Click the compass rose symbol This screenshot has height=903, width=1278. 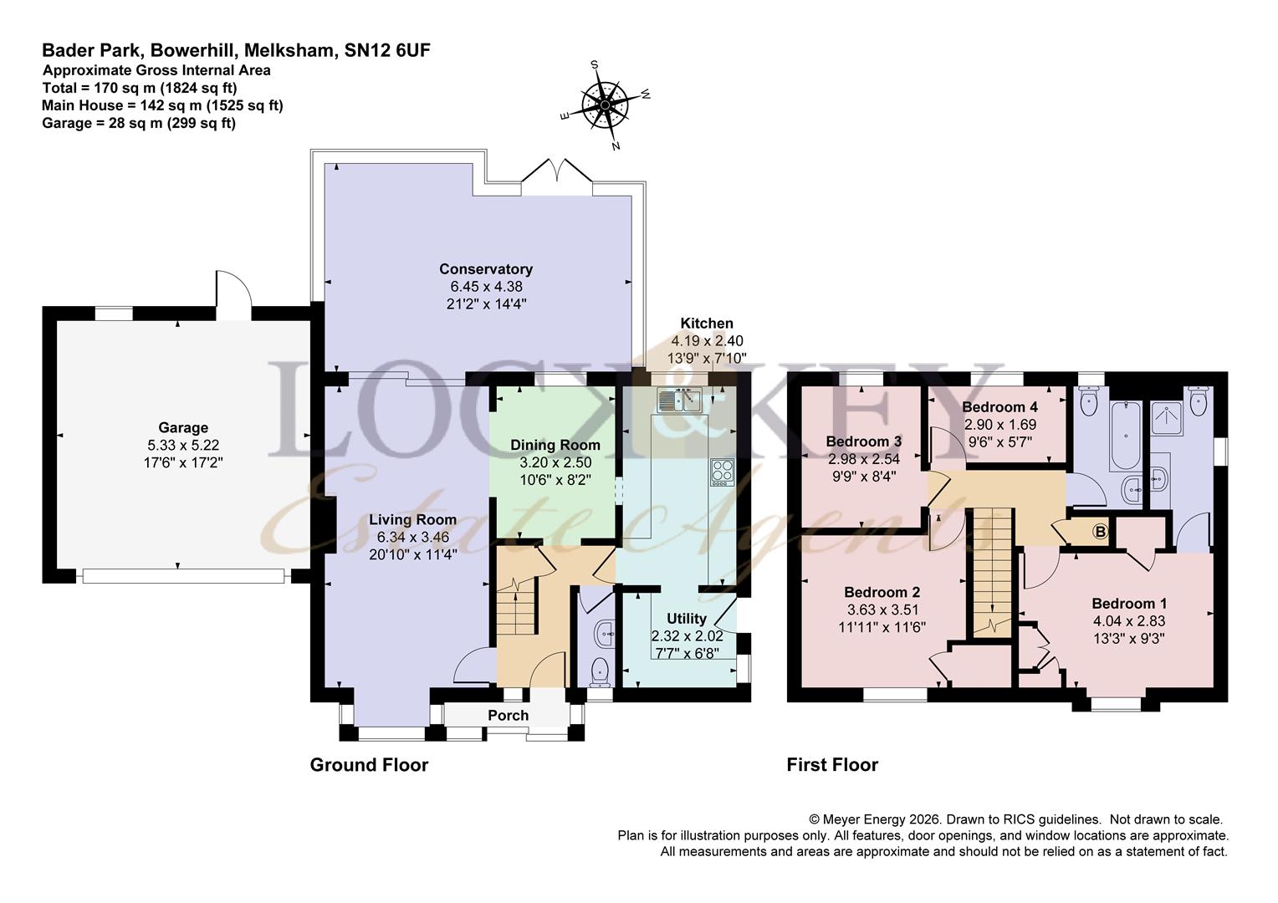tap(605, 105)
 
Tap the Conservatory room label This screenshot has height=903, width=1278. tap(486, 268)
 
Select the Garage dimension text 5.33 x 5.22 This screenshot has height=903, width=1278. tap(183, 445)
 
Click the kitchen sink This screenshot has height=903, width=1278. tap(679, 400)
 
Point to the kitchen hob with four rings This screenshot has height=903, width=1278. tap(723, 472)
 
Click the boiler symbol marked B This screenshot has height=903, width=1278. tap(1100, 532)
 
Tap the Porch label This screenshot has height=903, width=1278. tap(508, 716)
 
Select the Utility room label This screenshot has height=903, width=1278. tap(687, 619)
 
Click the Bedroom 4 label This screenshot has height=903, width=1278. tap(999, 406)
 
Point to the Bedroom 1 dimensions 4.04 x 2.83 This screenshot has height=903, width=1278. tap(1128, 620)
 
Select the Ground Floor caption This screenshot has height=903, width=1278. tap(369, 764)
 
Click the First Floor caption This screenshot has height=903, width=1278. tap(832, 764)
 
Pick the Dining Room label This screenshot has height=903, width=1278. tap(555, 445)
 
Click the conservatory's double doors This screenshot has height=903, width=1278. tap(557, 171)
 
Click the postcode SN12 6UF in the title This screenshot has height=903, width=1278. tap(387, 51)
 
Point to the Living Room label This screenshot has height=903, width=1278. tap(412, 520)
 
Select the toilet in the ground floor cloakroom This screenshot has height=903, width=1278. tap(600, 671)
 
